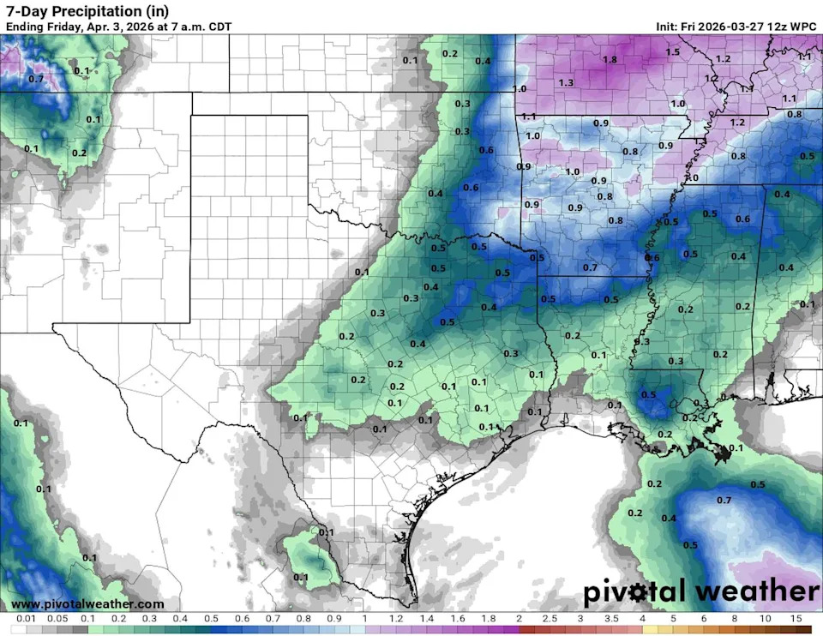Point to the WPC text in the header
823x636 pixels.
click(803, 26)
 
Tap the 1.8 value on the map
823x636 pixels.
click(610, 60)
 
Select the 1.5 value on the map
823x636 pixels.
click(673, 52)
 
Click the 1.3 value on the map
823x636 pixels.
click(566, 82)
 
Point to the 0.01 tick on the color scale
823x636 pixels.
click(25, 619)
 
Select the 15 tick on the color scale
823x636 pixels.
click(796, 619)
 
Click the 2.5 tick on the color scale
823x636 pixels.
click(550, 619)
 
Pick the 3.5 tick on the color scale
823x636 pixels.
click(611, 619)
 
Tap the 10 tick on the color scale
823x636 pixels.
click(765, 619)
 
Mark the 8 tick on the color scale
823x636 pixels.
click(735, 619)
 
